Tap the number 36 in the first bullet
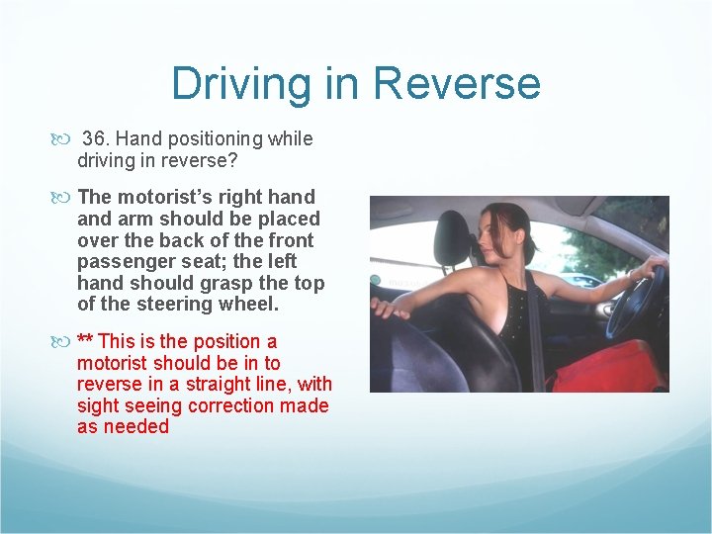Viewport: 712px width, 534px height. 95,138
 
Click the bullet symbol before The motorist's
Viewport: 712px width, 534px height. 66,198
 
